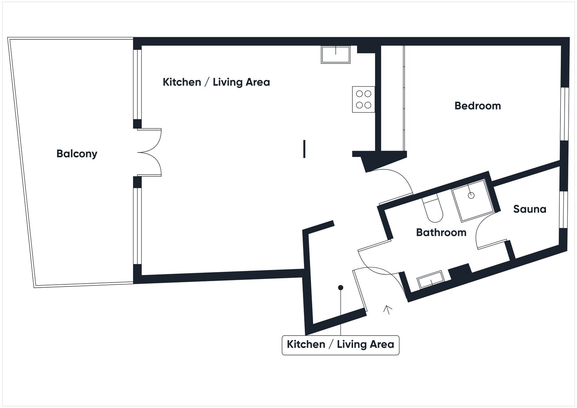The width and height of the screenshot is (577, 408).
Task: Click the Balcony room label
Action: [x=77, y=154]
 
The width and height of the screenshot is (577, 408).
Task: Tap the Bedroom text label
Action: [x=477, y=106]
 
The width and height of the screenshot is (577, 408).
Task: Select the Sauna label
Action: [x=529, y=209]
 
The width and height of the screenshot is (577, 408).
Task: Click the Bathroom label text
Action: [x=441, y=232]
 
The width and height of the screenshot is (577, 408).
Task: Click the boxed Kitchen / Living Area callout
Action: [x=340, y=345]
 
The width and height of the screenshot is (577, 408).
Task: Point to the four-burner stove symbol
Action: [x=363, y=99]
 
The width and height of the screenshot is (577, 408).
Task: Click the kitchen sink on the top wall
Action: [x=335, y=55]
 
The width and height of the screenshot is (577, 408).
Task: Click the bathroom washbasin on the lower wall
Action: [x=430, y=279]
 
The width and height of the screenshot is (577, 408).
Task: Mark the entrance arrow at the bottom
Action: [x=388, y=309]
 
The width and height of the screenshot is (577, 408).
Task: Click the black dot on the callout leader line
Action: [x=340, y=288]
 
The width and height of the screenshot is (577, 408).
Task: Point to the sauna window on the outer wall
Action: [x=564, y=209]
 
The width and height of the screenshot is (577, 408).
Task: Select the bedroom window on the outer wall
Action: [x=564, y=114]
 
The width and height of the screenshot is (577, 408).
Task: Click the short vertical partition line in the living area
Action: [x=304, y=149]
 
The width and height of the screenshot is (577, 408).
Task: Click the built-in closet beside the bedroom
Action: [x=392, y=97]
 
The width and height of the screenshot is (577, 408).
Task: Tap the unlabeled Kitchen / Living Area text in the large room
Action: [x=216, y=82]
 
